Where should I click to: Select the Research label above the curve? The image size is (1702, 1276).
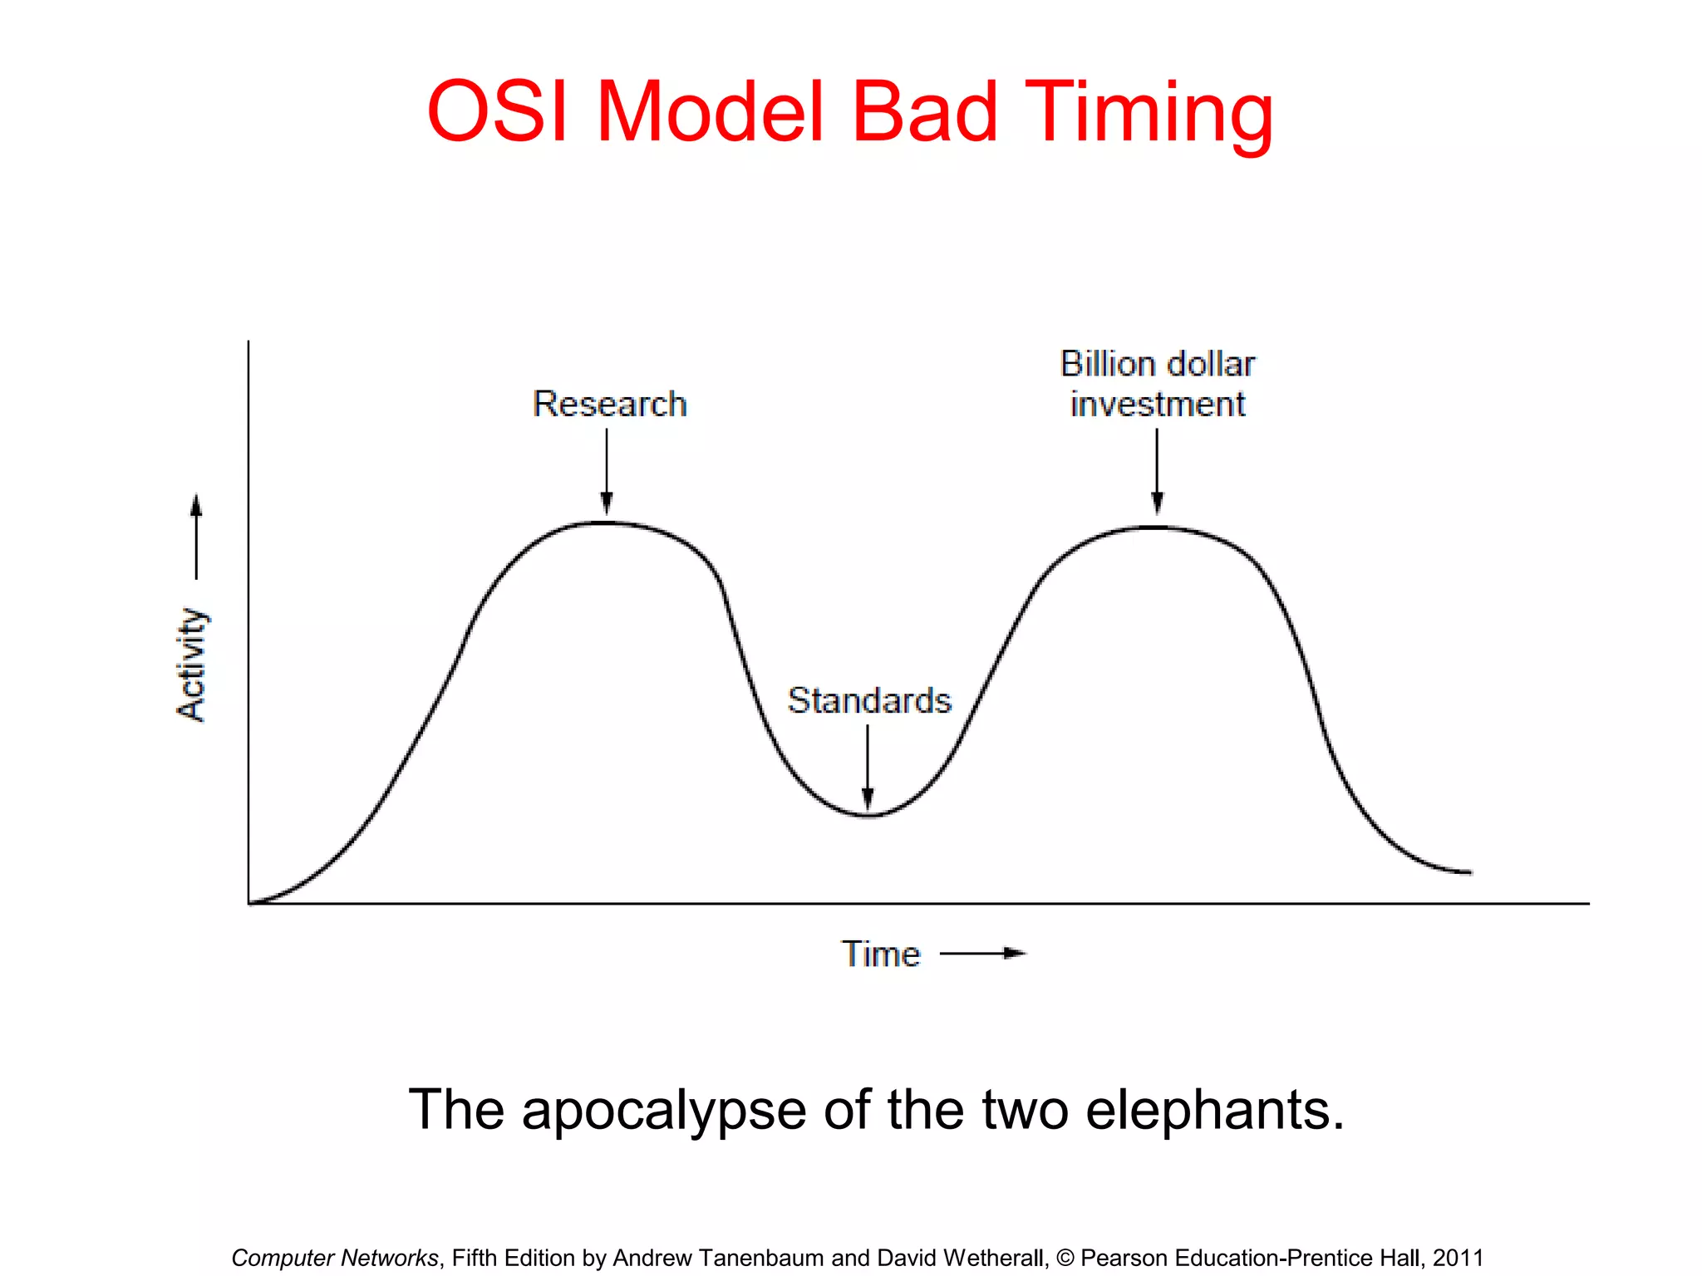609,404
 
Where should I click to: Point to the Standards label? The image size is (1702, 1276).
868,700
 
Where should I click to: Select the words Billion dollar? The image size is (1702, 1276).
1157,364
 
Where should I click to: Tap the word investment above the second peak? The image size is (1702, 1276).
1157,405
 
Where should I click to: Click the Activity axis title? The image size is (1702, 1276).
192,665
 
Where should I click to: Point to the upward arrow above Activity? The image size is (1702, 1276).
196,536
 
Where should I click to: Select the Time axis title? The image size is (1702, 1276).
881,954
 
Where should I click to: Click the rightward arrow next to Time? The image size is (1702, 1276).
983,954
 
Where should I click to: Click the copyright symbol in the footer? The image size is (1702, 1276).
1065,1258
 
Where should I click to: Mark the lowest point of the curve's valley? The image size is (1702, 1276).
868,816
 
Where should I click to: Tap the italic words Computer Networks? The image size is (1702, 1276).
334,1258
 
